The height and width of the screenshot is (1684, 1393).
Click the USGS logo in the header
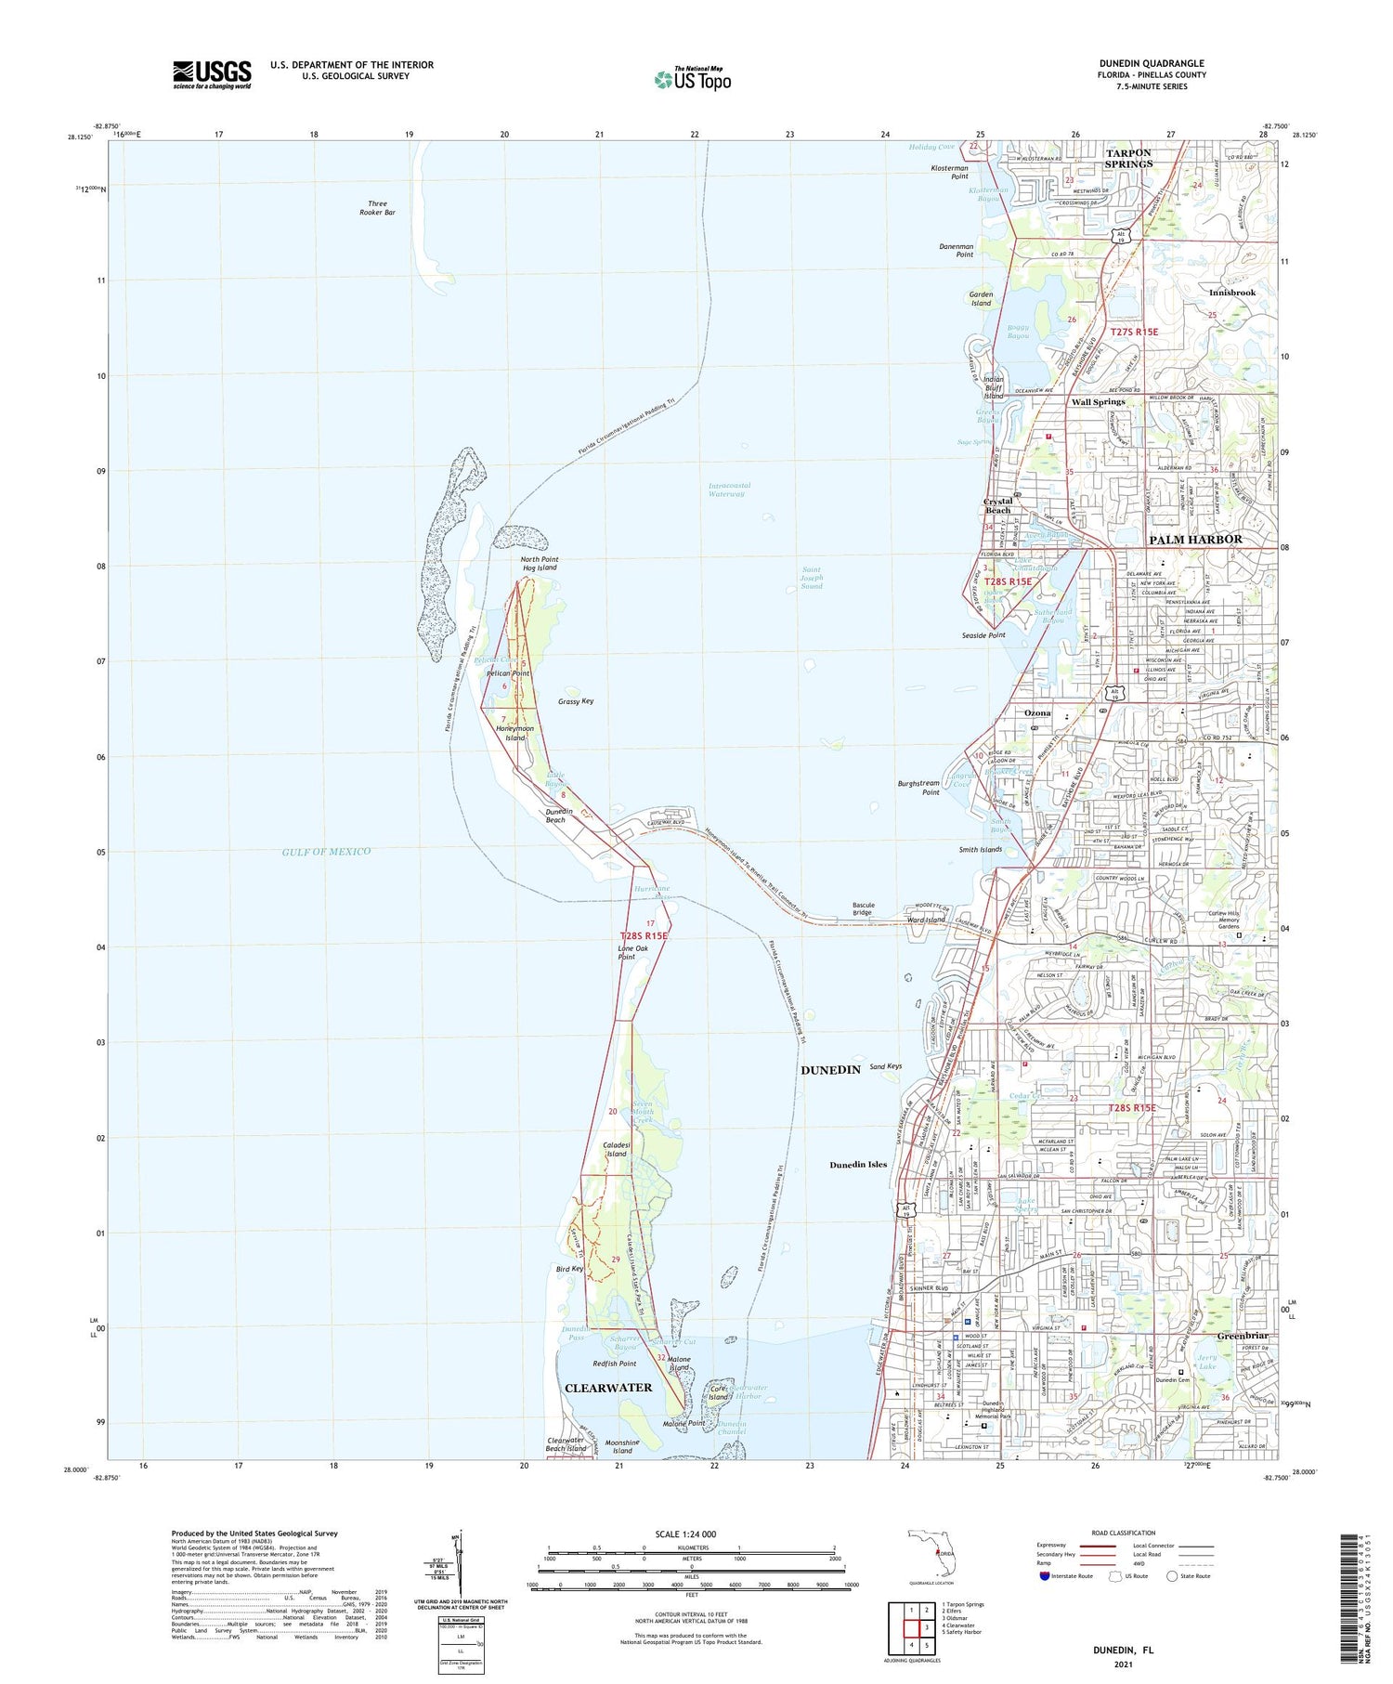(x=212, y=74)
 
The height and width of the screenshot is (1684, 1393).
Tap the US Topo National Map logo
(x=692, y=80)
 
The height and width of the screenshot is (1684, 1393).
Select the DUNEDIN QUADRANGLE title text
(x=1152, y=63)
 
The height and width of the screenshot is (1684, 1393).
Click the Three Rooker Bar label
(x=377, y=208)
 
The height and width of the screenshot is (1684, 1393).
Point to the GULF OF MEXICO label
(x=327, y=851)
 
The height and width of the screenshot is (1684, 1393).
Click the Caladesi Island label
(x=616, y=1149)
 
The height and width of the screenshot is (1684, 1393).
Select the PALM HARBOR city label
(x=1195, y=539)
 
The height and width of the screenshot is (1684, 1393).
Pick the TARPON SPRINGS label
(x=1128, y=158)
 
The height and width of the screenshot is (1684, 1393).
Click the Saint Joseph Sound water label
(x=812, y=578)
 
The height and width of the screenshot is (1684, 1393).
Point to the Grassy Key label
(x=576, y=701)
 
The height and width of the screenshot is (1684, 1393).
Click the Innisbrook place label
(x=1231, y=293)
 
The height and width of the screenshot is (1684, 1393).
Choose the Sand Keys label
(x=885, y=1066)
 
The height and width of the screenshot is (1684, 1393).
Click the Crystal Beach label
(x=997, y=505)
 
